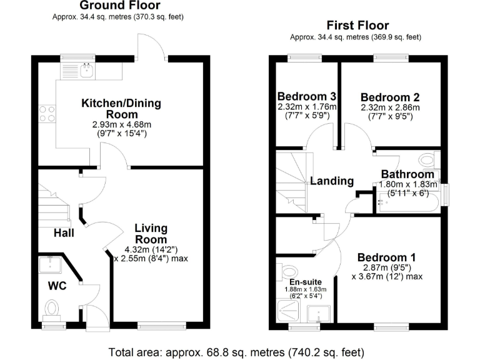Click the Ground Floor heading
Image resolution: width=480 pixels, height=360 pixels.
click(119, 6)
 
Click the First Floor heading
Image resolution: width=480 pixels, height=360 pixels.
click(358, 26)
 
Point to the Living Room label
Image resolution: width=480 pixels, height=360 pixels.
click(151, 234)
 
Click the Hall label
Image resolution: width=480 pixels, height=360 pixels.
click(64, 233)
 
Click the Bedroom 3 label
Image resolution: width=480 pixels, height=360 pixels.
click(307, 97)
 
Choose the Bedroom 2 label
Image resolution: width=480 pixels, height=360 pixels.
click(390, 97)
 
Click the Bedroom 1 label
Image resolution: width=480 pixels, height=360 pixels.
click(387, 257)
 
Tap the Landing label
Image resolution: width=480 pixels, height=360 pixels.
click(332, 181)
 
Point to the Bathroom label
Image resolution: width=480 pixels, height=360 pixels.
click(407, 174)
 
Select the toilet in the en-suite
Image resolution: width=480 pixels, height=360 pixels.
click(289, 271)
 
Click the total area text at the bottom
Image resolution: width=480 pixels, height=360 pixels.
click(236, 351)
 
